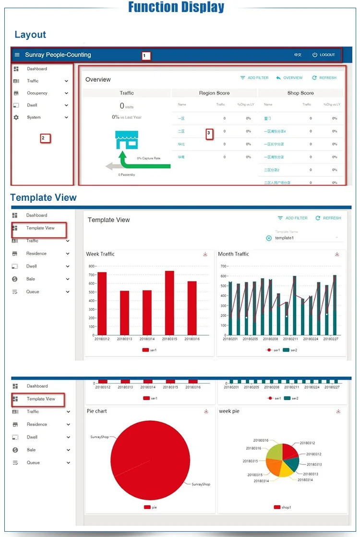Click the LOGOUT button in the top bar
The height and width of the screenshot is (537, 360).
click(x=324, y=55)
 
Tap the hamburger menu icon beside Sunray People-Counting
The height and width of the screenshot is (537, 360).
click(x=17, y=55)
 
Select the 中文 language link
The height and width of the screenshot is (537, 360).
click(x=298, y=55)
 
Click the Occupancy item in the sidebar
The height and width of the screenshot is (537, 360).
click(x=37, y=93)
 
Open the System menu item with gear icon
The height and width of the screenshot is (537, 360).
click(x=34, y=117)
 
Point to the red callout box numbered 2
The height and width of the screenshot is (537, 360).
click(x=45, y=138)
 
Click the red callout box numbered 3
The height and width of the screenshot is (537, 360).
click(x=209, y=134)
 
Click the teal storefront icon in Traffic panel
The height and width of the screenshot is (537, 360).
click(x=127, y=140)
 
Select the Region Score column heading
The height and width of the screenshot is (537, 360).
click(x=214, y=93)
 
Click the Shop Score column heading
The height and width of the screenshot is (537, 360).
click(x=300, y=93)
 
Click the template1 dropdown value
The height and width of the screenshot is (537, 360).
click(x=285, y=238)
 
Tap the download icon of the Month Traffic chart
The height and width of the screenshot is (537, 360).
click(x=337, y=254)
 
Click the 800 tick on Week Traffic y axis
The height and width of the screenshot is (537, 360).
click(x=92, y=266)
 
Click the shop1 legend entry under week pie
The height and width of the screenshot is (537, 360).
click(x=283, y=507)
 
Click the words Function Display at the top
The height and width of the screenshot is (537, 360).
click(x=176, y=7)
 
